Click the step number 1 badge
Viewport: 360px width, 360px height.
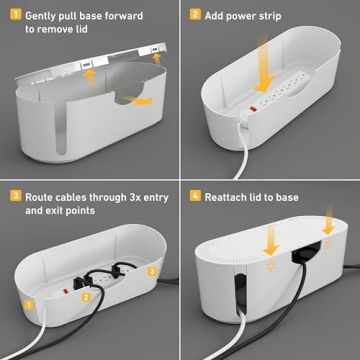pos(13,15)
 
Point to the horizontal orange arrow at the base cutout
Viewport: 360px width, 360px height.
pos(141,101)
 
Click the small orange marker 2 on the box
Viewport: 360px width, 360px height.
pos(87,297)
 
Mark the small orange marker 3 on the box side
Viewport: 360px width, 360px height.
pos(152,271)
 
